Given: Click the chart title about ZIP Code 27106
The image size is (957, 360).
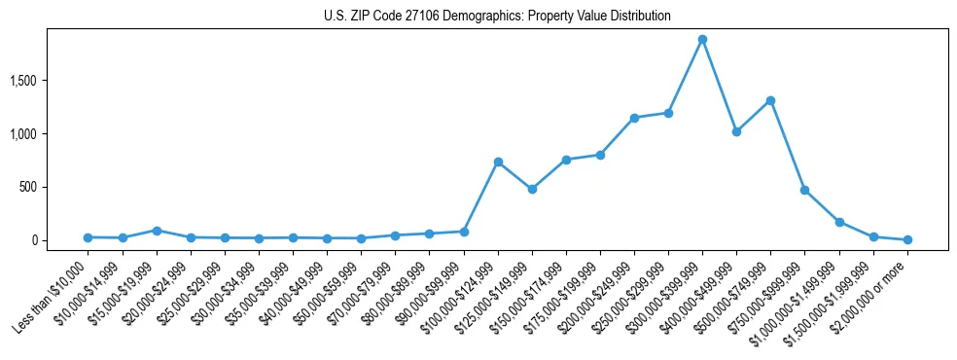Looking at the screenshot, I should point(497,17).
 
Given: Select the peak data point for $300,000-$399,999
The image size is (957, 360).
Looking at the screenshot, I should point(702,39).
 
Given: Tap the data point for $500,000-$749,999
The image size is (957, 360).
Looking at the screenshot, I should point(770,100).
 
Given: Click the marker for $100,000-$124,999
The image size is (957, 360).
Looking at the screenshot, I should point(498,162).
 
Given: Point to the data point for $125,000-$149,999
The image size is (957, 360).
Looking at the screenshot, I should point(532,189).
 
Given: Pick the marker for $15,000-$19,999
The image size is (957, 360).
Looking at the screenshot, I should point(157,231).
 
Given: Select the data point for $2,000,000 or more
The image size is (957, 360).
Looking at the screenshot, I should point(907,239).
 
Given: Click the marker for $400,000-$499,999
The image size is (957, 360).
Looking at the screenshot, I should point(736,131).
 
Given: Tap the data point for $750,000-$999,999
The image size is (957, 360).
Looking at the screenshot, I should point(804,190).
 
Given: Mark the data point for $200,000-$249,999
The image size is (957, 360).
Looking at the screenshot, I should point(634,118).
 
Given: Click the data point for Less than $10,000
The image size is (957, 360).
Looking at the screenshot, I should point(88,237).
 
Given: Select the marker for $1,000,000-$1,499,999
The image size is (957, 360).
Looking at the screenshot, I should point(839,222).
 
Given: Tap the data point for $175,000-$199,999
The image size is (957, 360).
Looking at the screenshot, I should point(600,155).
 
